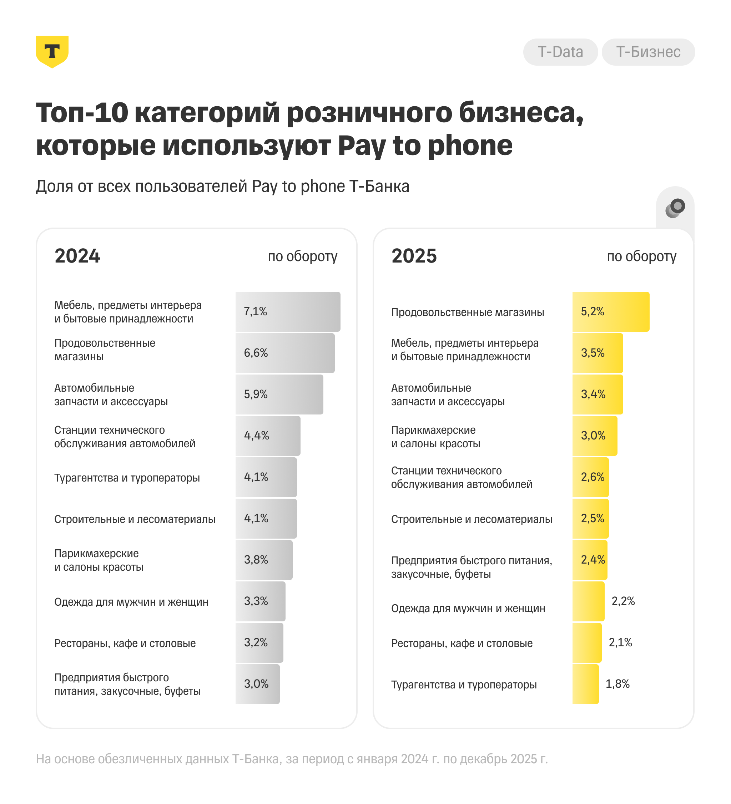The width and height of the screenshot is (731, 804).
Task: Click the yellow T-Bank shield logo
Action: point(52,51)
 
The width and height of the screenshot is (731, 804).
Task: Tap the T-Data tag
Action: point(560,52)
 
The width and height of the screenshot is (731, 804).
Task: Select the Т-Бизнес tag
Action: point(648,52)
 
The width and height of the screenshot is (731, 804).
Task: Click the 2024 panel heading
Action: point(77,256)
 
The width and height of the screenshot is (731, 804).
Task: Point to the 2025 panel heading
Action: point(414,256)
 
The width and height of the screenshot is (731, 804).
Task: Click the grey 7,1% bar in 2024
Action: point(288,311)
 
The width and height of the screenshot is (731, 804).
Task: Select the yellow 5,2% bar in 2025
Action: point(610,311)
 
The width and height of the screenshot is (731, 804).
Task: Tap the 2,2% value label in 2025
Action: point(623,601)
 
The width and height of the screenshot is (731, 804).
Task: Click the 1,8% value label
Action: point(617,683)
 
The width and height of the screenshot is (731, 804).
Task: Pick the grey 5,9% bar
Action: point(279,394)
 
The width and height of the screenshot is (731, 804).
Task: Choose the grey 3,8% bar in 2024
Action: point(264,560)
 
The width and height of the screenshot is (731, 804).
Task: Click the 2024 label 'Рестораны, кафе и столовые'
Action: point(125,643)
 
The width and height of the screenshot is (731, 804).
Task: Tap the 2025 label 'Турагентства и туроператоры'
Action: point(464,685)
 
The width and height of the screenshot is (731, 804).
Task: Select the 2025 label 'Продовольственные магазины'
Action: point(467,312)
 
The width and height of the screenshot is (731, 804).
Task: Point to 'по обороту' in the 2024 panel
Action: point(302,256)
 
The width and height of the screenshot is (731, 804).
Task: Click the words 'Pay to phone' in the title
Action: point(425,146)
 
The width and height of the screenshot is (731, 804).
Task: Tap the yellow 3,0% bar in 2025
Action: point(595,436)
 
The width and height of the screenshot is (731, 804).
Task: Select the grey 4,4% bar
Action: point(268,436)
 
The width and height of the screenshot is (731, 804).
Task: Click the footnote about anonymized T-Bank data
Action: point(292,759)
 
